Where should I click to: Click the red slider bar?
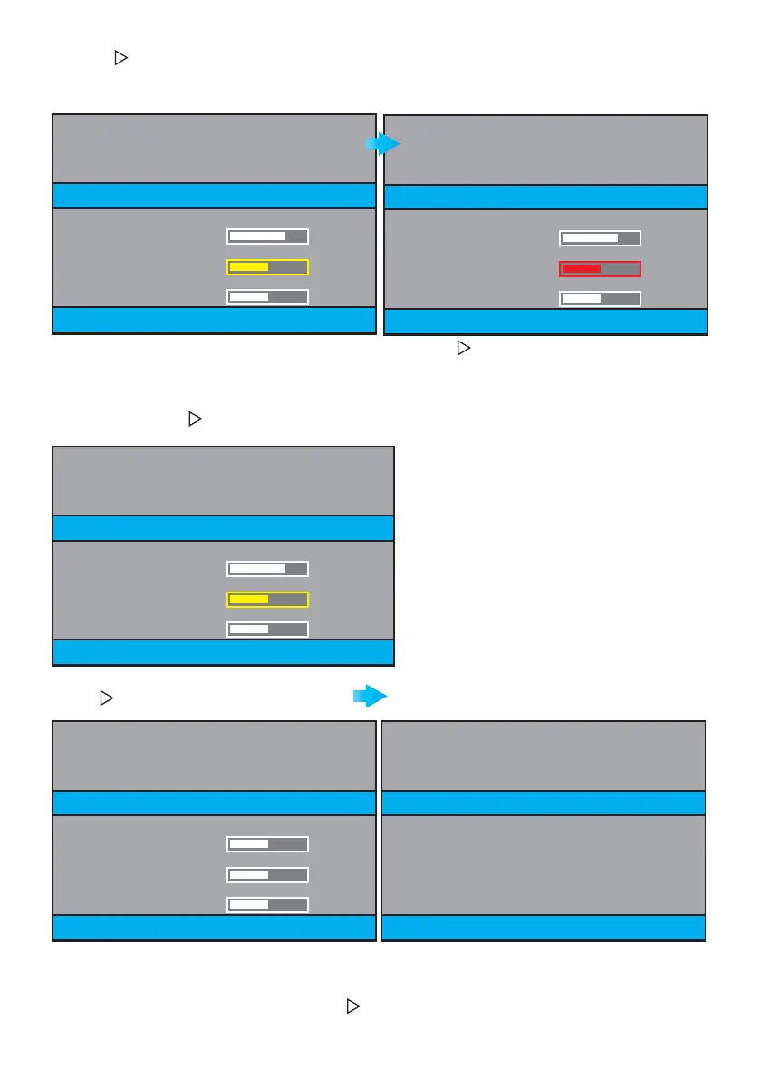pos(600,269)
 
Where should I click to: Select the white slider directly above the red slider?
pos(600,238)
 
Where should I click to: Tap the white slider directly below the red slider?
pos(600,299)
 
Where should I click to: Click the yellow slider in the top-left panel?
pos(267,267)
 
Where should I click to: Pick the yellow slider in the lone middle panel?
pos(267,600)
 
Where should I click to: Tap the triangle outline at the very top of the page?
pos(119,58)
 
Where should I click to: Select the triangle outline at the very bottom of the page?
pos(352,1006)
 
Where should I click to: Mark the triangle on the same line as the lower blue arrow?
pos(105,698)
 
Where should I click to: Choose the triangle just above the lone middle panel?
pos(193,419)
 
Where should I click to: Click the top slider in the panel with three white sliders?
pos(267,844)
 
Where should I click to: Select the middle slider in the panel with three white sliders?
pos(267,875)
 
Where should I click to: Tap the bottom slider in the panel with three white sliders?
pos(267,905)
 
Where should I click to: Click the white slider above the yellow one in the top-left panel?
pos(267,236)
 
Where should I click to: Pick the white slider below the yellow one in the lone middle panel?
pos(267,630)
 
